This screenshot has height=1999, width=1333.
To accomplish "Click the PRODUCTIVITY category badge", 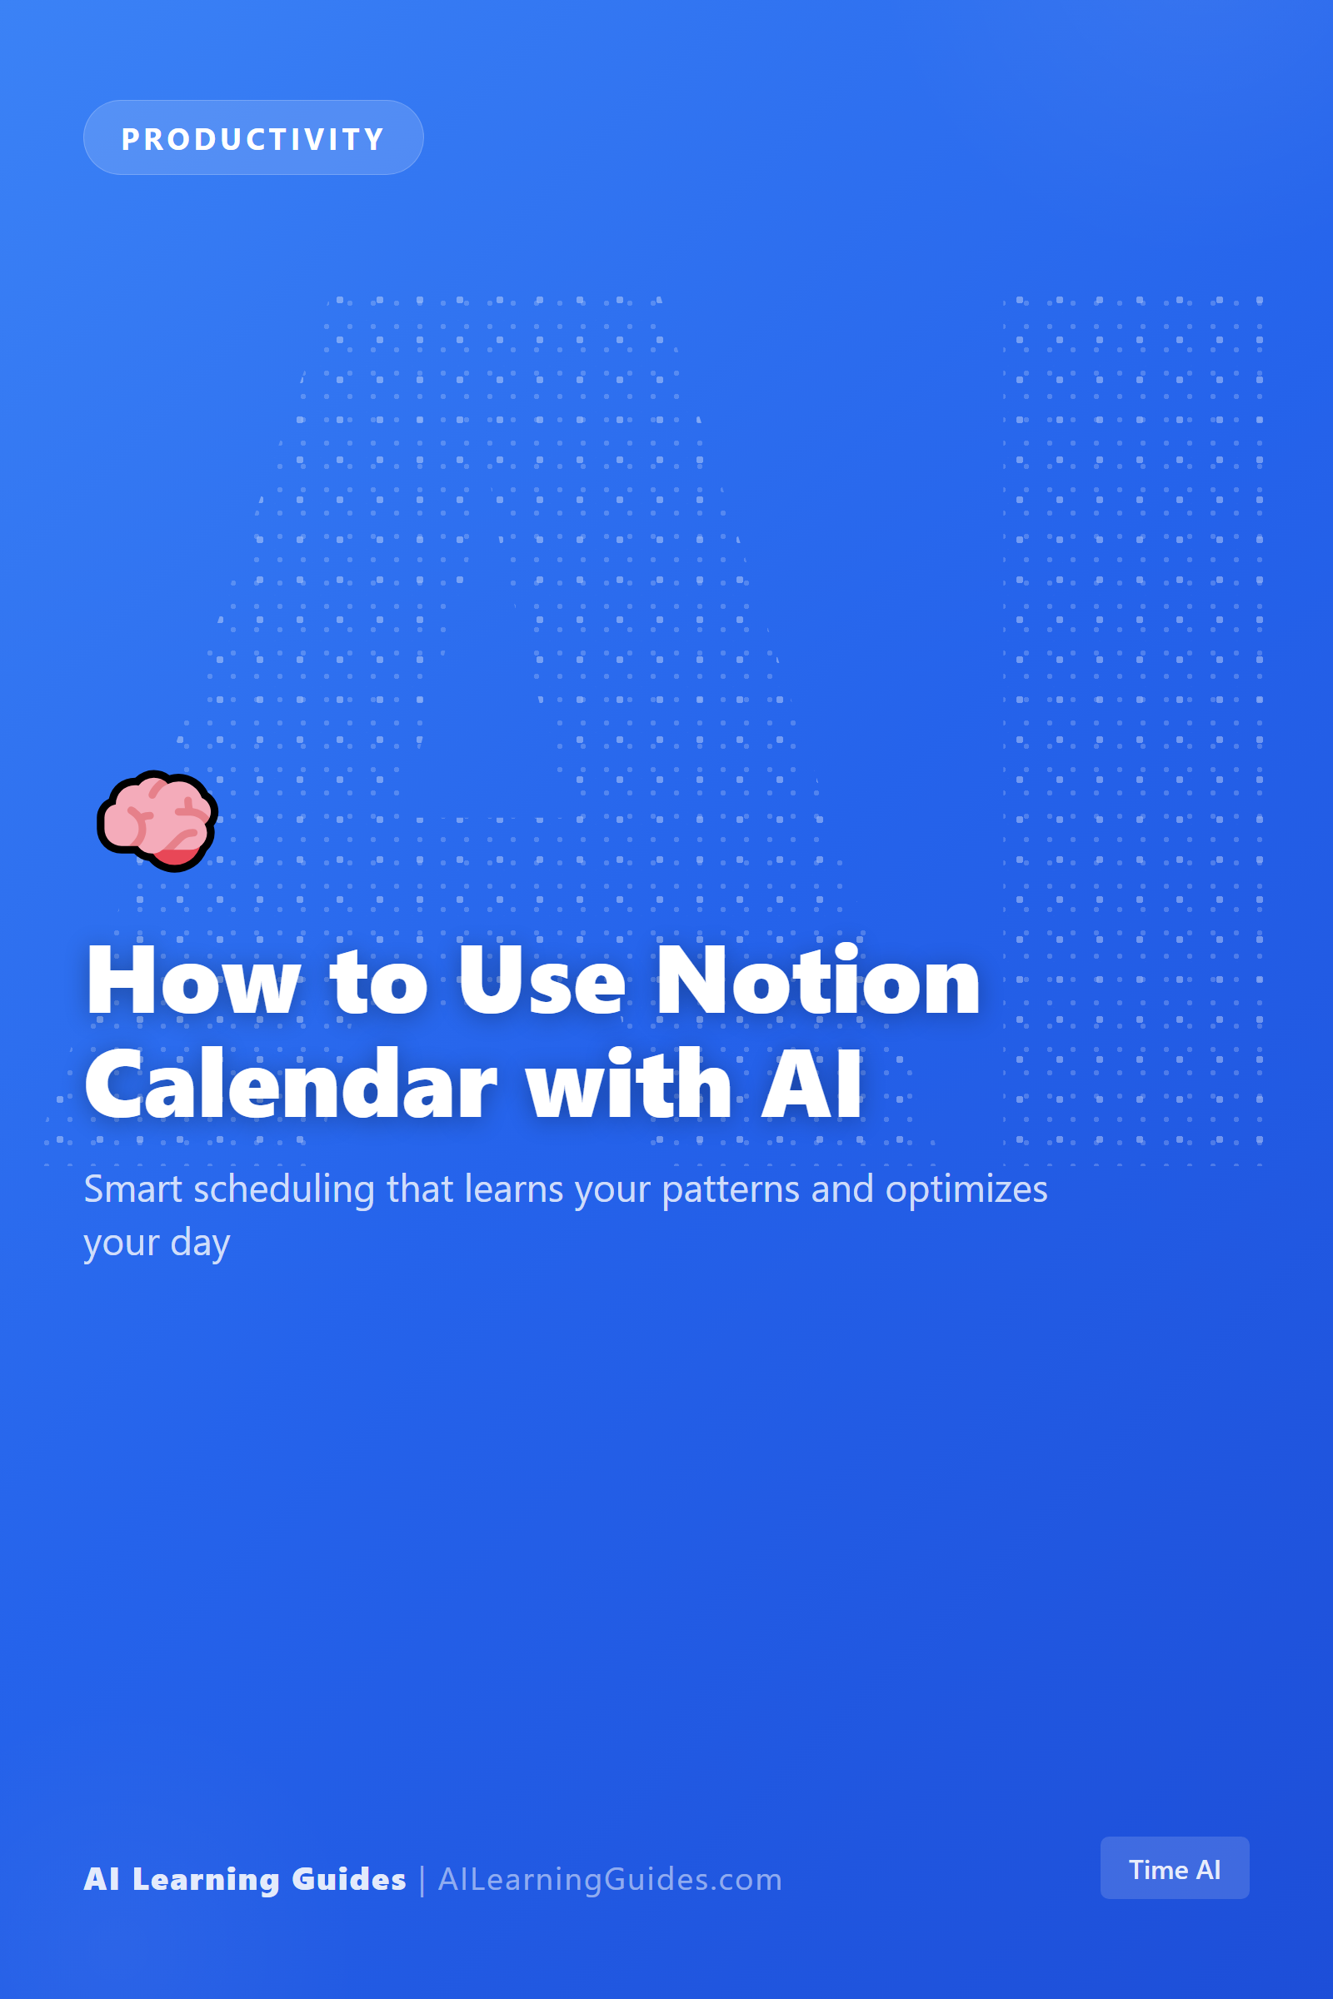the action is pyautogui.click(x=253, y=137).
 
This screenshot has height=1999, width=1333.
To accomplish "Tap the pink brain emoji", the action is pyautogui.click(x=157, y=821).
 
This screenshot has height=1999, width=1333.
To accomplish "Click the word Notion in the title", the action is pyautogui.click(x=818, y=981).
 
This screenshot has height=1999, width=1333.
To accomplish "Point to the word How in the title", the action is pyautogui.click(x=194, y=981).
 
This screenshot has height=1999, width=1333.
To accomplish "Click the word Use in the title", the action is pyautogui.click(x=542, y=981).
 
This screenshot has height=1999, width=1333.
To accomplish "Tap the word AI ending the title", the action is pyautogui.click(x=811, y=1084).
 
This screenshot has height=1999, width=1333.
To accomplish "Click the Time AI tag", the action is pyautogui.click(x=1174, y=1869).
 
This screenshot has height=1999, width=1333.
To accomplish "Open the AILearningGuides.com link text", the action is pyautogui.click(x=610, y=1879).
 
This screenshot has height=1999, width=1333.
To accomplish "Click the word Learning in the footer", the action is pyautogui.click(x=206, y=1880).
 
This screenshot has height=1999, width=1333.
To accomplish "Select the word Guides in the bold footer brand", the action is pyautogui.click(x=348, y=1879).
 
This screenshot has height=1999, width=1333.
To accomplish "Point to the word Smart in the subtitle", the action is pyautogui.click(x=132, y=1189).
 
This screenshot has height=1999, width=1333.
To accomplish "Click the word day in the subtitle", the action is pyautogui.click(x=200, y=1244).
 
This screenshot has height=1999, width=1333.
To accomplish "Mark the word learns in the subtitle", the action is pyautogui.click(x=513, y=1189).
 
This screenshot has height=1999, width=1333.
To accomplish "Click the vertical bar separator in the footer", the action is pyautogui.click(x=422, y=1880).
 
